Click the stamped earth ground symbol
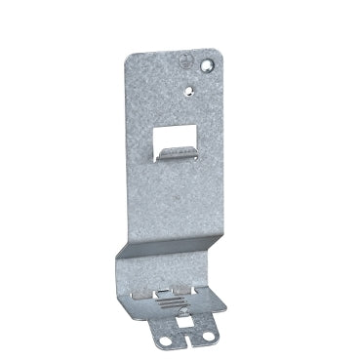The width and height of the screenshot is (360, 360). [x=186, y=60]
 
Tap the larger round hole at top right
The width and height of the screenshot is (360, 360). [x=208, y=66]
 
